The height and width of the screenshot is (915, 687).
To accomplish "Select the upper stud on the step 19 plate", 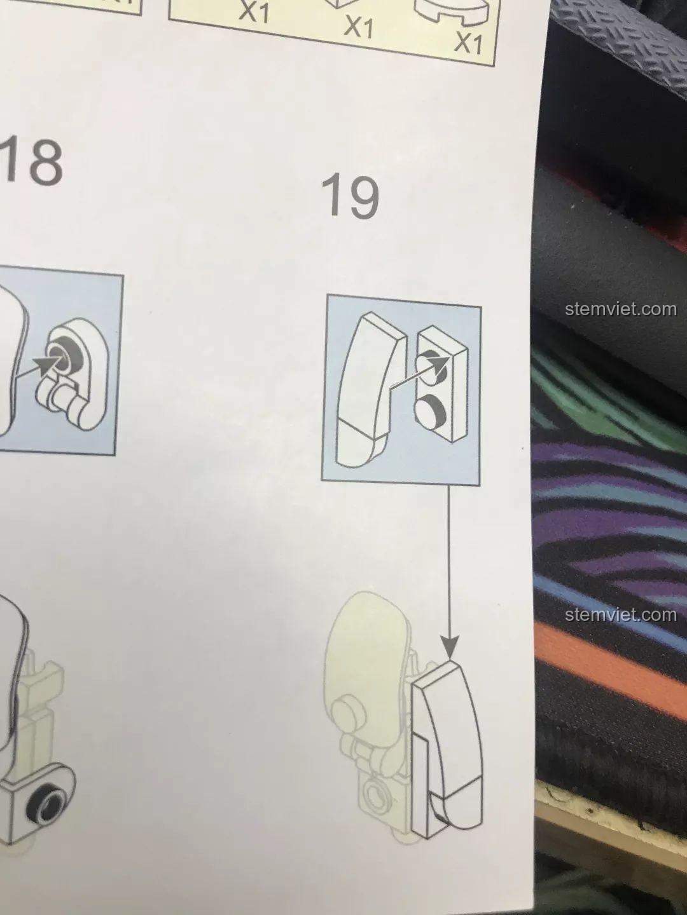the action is [x=434, y=367].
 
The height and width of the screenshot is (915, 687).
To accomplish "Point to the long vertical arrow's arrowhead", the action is [x=449, y=647].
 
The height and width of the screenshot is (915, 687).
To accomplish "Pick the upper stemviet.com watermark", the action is [x=621, y=309].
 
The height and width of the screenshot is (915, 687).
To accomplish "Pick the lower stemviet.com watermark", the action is [x=621, y=614].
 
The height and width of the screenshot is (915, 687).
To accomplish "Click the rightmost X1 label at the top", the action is [x=468, y=43].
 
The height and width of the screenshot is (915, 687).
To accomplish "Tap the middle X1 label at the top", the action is [x=359, y=27].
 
